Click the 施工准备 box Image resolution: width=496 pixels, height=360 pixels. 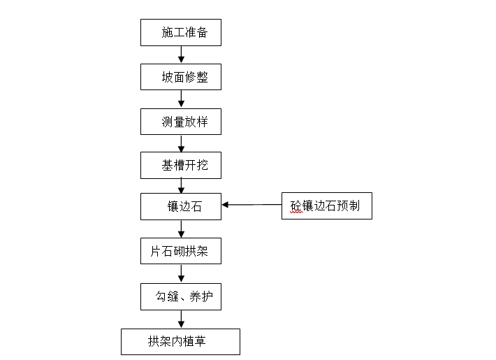(x=181, y=32)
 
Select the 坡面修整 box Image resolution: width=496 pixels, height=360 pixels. (x=181, y=77)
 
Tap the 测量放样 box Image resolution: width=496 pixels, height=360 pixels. (x=181, y=122)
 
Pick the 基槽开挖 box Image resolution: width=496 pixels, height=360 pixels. (x=181, y=166)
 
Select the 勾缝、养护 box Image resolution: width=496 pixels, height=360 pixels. (x=181, y=297)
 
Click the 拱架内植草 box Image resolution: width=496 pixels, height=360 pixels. (x=181, y=342)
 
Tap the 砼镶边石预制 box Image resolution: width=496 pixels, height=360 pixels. (x=326, y=206)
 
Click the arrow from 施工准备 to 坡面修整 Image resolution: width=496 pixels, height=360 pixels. (x=182, y=55)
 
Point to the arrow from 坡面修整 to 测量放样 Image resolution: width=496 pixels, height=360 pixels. (x=182, y=99)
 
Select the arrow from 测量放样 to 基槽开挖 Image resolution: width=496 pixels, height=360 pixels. (x=182, y=143)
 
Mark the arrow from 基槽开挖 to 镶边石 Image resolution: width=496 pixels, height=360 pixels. (x=182, y=186)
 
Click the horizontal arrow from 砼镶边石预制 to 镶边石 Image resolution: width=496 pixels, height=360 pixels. (x=251, y=205)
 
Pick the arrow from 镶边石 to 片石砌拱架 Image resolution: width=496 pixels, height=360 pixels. (x=182, y=229)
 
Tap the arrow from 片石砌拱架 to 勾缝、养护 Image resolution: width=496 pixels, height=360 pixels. (x=182, y=273)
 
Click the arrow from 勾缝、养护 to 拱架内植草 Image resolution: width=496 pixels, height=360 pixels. (x=182, y=319)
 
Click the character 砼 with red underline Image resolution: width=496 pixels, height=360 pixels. (x=297, y=207)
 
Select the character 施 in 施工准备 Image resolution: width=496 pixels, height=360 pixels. (x=167, y=33)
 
